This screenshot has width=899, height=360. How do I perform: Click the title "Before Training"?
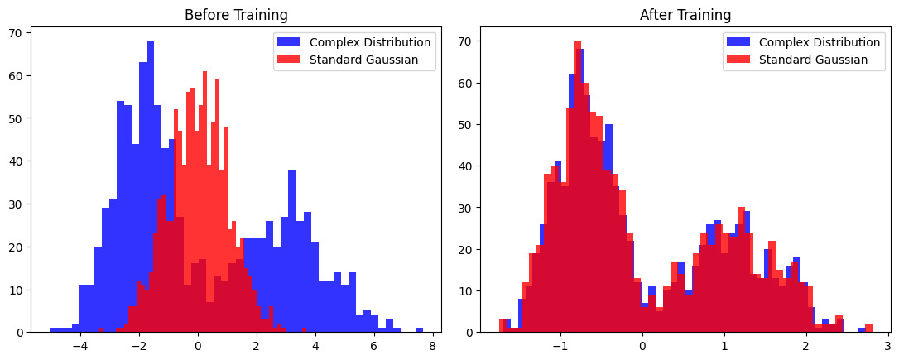pos(236,15)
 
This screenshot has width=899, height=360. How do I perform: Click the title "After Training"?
pos(685,15)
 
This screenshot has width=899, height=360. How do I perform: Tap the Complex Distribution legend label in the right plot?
pos(819,42)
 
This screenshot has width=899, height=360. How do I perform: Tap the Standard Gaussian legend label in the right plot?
pos(813,60)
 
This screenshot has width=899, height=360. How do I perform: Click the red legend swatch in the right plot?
pos(739,60)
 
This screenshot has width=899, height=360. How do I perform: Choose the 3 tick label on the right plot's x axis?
pos(887,347)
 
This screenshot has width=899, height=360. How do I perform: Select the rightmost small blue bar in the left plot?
pos(419,329)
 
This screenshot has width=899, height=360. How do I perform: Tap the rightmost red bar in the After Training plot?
pos(868,328)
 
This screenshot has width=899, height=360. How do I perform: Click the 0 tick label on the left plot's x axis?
pos(198,347)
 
